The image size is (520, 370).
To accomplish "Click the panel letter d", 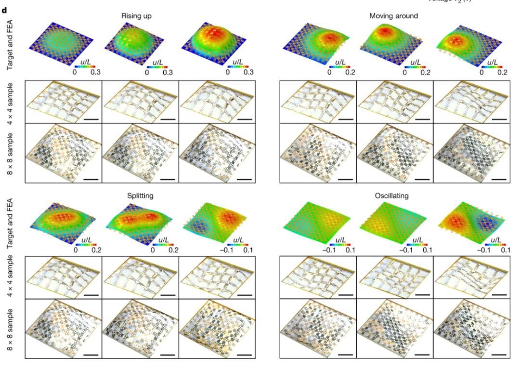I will [4, 6].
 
